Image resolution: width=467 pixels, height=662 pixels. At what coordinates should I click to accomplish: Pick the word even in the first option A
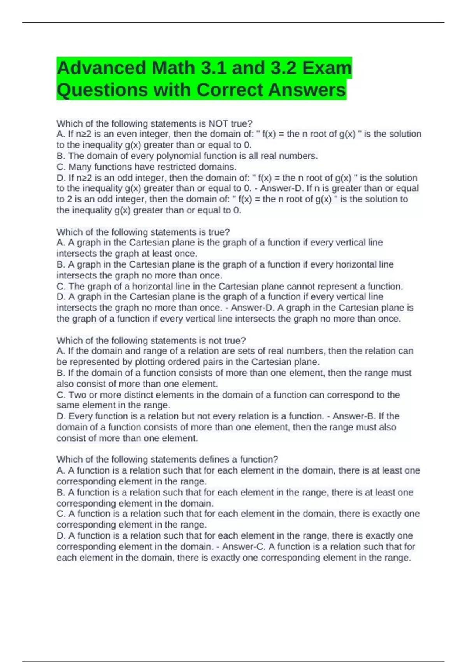[126, 134]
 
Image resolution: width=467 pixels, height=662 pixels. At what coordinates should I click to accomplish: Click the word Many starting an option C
[80, 167]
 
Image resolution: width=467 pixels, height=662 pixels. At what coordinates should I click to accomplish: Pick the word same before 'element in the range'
[68, 405]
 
